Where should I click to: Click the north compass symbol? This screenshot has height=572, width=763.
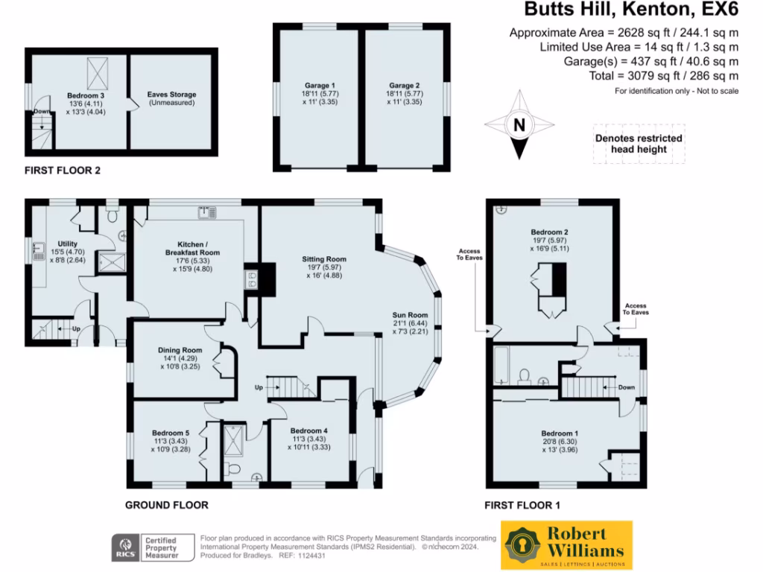tap(519, 125)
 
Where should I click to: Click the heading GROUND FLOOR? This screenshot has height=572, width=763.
tap(166, 505)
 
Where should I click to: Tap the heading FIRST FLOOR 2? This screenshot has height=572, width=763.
tap(63, 171)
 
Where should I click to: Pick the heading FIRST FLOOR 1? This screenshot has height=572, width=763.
tap(522, 505)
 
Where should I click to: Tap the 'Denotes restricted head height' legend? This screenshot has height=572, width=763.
tap(639, 144)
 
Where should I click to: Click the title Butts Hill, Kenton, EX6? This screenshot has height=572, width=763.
tap(631, 10)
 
